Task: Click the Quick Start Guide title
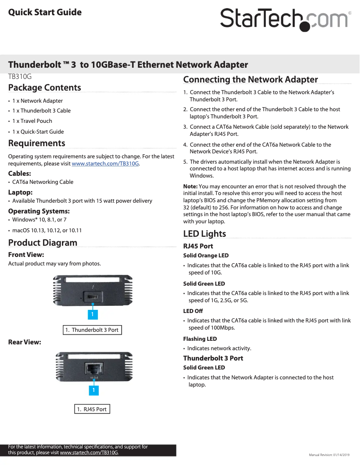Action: [x=45, y=12]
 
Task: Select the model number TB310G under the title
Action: [x=20, y=76]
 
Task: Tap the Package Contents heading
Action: [x=44, y=87]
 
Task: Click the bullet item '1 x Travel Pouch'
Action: [x=32, y=121]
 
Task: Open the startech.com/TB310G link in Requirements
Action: [x=105, y=164]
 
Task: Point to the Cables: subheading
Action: [x=19, y=173]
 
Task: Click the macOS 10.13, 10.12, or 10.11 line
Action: [x=47, y=230]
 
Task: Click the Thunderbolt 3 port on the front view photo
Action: [x=93, y=297]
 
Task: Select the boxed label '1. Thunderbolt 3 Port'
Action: [x=92, y=330]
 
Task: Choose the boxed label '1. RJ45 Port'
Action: [x=92, y=409]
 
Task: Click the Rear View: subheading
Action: [x=25, y=342]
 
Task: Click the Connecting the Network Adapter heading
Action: [x=250, y=80]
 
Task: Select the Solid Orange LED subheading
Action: [x=206, y=256]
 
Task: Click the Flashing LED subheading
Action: [x=200, y=339]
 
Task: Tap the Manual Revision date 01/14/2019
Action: [x=342, y=455]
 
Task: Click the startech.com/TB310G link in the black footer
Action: [x=89, y=453]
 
